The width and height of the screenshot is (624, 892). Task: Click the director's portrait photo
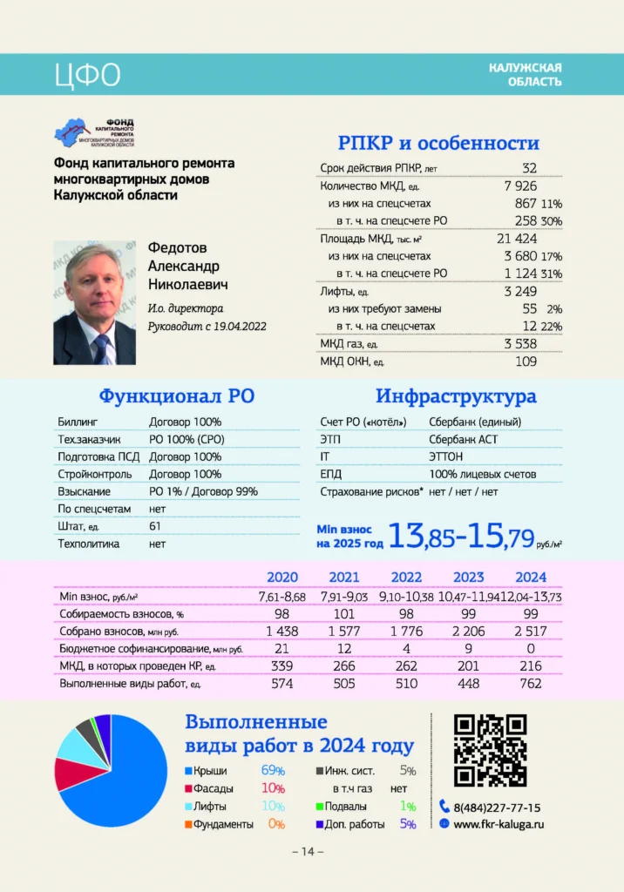pyautogui.click(x=94, y=302)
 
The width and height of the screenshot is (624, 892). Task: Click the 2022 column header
pyautogui.click(x=406, y=577)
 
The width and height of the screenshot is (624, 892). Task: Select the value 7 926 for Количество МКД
pyautogui.click(x=520, y=186)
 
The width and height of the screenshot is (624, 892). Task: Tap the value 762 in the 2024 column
pyautogui.click(x=531, y=683)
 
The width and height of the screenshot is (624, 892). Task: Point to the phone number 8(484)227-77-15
pyautogui.click(x=497, y=807)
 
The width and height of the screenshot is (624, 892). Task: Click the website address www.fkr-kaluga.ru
pyautogui.click(x=499, y=823)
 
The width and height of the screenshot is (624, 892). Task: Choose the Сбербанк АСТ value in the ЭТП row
pyautogui.click(x=464, y=439)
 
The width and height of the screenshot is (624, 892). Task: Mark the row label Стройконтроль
pyautogui.click(x=95, y=474)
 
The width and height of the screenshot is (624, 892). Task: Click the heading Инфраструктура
pyautogui.click(x=456, y=397)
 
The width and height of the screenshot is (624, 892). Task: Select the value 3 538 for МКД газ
pyautogui.click(x=520, y=344)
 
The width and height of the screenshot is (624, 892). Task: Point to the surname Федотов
pyautogui.click(x=178, y=248)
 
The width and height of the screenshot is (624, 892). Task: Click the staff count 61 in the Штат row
pyautogui.click(x=155, y=526)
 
